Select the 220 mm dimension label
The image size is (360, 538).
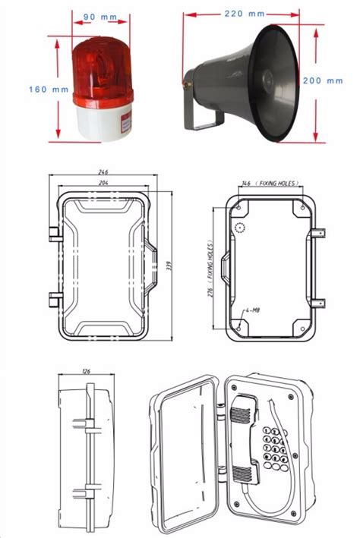point(245,13)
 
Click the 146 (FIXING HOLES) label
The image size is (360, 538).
point(270,184)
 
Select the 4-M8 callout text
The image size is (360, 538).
point(255,311)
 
